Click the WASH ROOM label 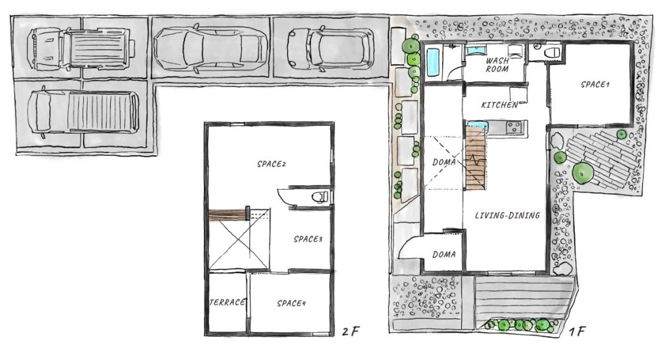[497, 64]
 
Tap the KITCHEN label [499, 105]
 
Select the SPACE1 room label [595, 84]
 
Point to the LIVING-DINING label [507, 215]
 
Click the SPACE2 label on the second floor [271, 164]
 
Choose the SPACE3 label [308, 239]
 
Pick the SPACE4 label [292, 303]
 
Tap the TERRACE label [228, 302]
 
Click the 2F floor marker [351, 331]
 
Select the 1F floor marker [577, 331]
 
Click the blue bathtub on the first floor [433, 62]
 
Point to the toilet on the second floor [320, 196]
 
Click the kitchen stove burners [514, 127]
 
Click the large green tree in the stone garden [583, 173]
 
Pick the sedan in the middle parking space [211, 47]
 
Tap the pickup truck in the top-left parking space [81, 48]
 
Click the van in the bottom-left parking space [83, 112]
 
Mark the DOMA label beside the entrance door [444, 254]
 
